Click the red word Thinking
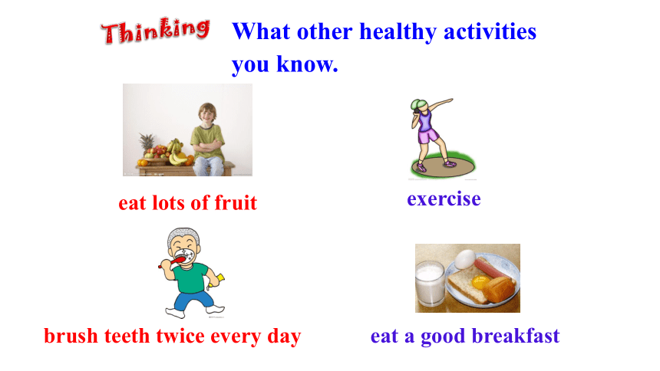pyautogui.click(x=155, y=31)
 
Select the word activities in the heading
pyautogui.click(x=490, y=31)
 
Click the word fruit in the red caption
pyautogui.click(x=236, y=202)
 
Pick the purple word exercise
pyautogui.click(x=444, y=199)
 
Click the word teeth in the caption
pyautogui.click(x=127, y=336)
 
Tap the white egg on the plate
pyautogui.click(x=466, y=259)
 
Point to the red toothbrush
pyautogui.click(x=173, y=262)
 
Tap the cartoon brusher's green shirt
pyautogui.click(x=192, y=277)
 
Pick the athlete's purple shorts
pyautogui.click(x=427, y=136)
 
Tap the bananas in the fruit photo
pyautogui.click(x=177, y=153)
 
